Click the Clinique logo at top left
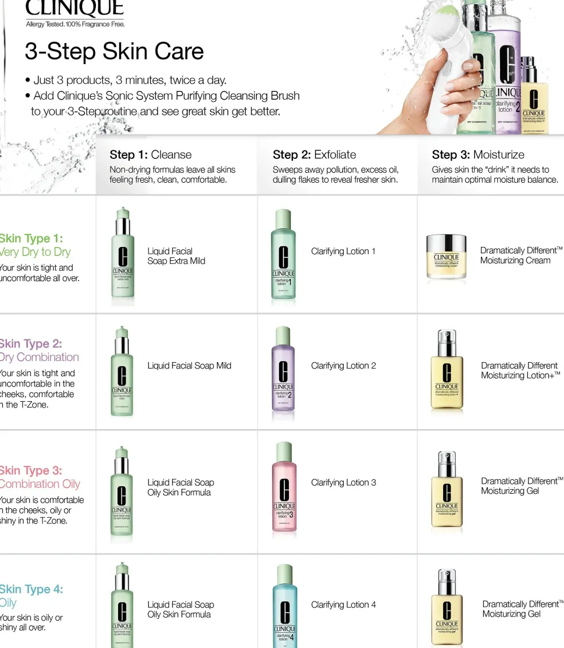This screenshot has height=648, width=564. click(74, 8)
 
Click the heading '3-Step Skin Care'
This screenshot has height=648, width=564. click(114, 51)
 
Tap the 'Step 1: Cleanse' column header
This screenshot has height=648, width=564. click(151, 155)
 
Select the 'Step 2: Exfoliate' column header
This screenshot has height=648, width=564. click(314, 155)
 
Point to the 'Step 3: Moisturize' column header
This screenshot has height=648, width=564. click(477, 155)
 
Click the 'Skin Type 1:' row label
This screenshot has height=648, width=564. click(31, 238)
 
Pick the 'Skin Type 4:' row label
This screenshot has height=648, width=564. click(31, 589)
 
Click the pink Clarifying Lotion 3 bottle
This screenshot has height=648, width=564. click(284, 489)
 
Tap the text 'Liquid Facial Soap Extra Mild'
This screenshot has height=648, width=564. click(176, 256)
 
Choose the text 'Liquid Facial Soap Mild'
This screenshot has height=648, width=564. click(189, 366)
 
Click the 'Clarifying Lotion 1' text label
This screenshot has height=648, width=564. click(343, 252)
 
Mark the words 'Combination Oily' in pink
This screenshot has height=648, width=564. click(40, 484)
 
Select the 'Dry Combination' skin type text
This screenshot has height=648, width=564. click(40, 357)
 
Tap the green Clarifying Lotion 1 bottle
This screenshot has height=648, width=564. click(283, 256)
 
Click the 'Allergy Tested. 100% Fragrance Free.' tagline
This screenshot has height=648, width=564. click(75, 24)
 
